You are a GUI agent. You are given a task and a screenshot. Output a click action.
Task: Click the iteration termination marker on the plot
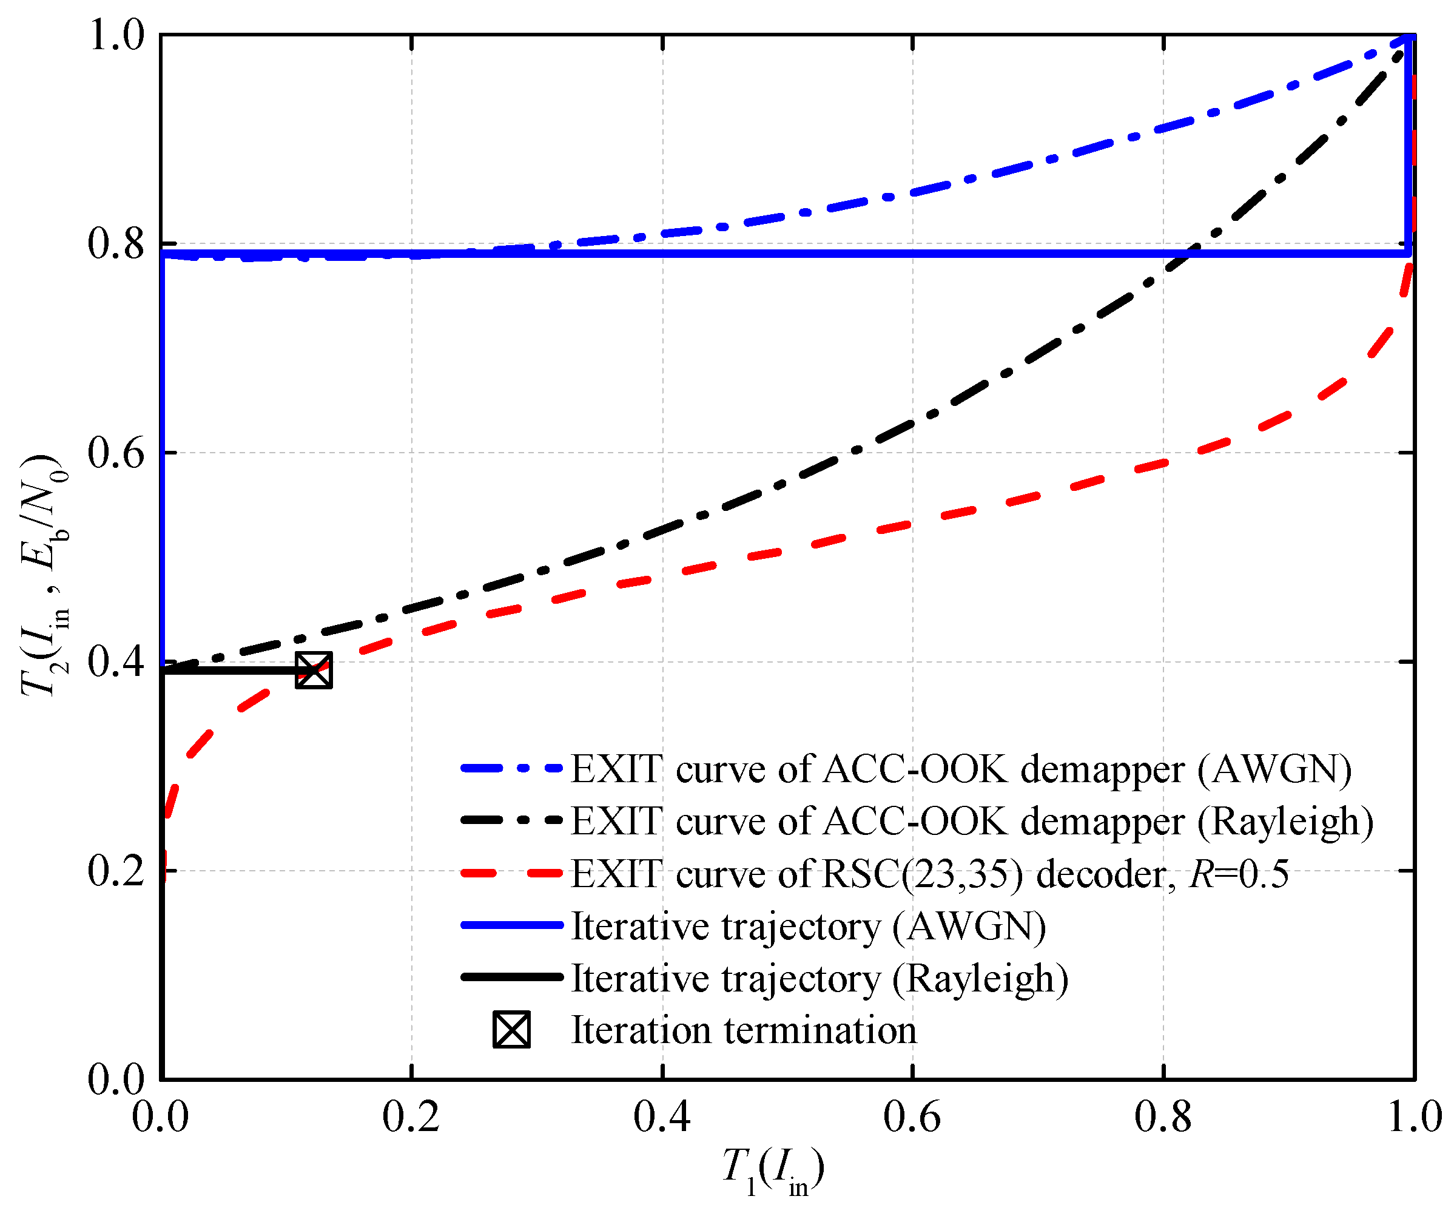[x=314, y=670]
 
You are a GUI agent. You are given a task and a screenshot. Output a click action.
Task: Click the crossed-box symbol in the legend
[x=512, y=1030]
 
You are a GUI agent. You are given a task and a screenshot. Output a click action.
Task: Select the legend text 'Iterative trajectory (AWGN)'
[x=808, y=926]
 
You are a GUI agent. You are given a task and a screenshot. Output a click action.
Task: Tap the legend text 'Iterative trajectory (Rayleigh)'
[x=819, y=979]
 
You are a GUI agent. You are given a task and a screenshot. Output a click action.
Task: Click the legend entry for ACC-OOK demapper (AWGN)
[x=961, y=769]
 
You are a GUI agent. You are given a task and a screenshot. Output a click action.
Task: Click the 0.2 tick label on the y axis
[x=116, y=871]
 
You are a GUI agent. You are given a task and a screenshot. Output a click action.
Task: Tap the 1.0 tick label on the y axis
[x=116, y=35]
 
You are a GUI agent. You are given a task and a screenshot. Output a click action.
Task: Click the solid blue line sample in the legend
[x=512, y=925]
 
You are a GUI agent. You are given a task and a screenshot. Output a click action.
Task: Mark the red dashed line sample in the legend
[x=512, y=873]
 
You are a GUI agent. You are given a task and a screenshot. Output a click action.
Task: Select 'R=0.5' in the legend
[x=1239, y=874]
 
